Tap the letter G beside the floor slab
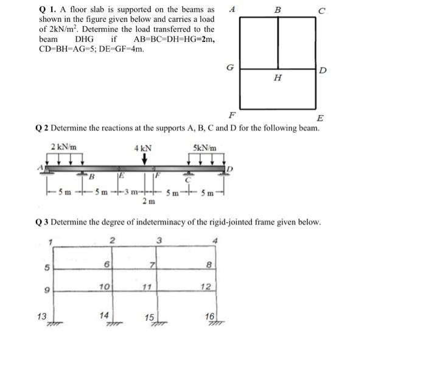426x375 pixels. [229, 68]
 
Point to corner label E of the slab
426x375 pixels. [320, 118]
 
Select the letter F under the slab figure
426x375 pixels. [231, 114]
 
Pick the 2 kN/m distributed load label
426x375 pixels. [63, 147]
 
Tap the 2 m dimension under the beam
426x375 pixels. [148, 201]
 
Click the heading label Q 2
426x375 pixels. [41, 128]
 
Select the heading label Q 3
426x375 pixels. [41, 222]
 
